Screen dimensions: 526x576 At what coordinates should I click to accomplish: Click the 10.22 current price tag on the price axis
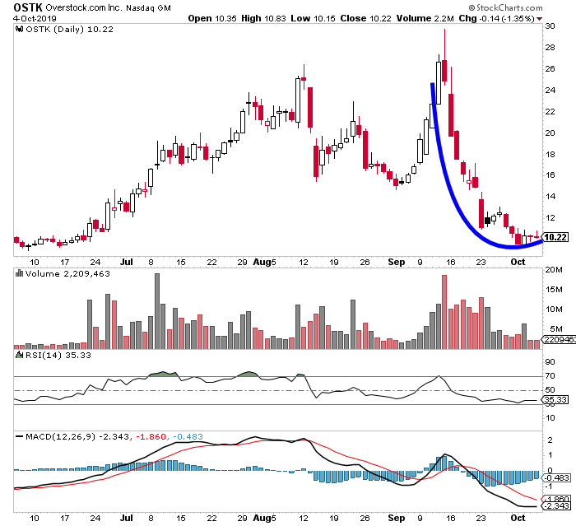pyautogui.click(x=557, y=237)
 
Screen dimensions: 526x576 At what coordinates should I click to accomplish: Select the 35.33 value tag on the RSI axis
pyautogui.click(x=557, y=399)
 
